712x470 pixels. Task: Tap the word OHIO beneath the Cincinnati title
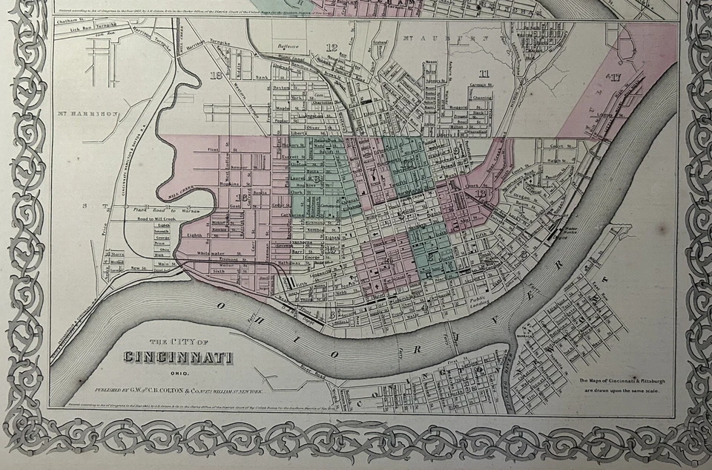point(178,373)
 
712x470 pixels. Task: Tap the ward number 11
point(484,73)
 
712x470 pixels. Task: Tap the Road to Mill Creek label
point(154,221)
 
